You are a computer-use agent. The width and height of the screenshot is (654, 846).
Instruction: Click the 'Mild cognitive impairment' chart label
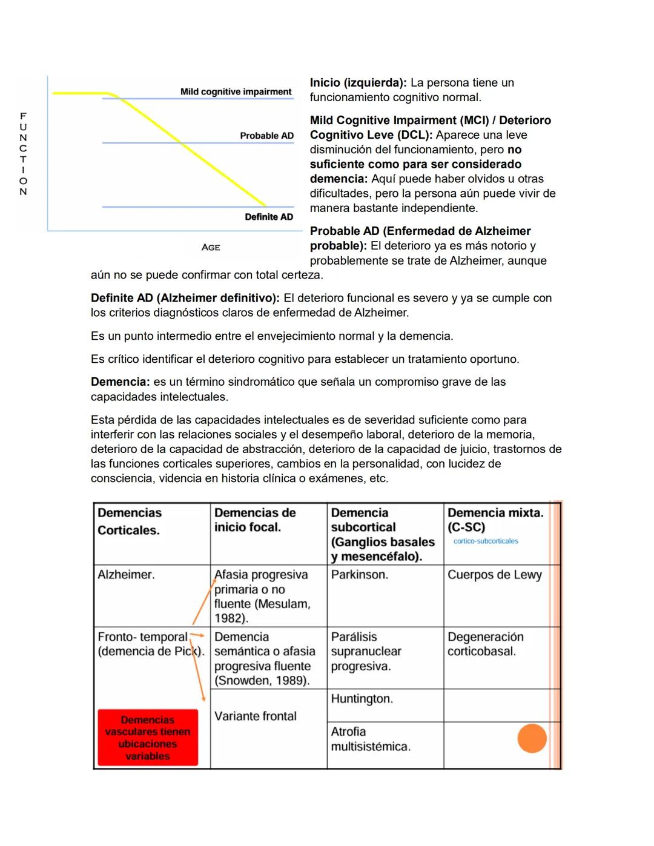(x=236, y=91)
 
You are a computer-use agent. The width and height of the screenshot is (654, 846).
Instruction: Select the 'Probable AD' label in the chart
(x=266, y=136)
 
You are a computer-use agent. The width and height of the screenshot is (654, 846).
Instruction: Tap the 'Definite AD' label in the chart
(x=268, y=217)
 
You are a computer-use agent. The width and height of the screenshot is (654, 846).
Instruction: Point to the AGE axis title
(x=211, y=247)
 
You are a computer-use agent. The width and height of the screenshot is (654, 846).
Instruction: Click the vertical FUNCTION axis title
(x=23, y=153)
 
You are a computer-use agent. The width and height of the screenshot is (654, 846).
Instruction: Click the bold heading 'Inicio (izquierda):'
(x=358, y=82)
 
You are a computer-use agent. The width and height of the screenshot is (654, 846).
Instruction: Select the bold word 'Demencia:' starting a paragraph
(x=120, y=382)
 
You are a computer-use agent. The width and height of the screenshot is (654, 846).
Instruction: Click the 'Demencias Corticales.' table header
(x=130, y=521)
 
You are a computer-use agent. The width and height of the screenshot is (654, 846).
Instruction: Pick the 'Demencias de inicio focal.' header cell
(x=255, y=520)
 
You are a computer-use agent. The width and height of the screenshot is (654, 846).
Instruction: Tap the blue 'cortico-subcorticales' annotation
(x=486, y=541)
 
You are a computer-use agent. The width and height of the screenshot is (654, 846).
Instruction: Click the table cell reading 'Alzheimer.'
(x=126, y=574)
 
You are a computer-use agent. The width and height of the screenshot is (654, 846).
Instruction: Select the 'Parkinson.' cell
(x=359, y=574)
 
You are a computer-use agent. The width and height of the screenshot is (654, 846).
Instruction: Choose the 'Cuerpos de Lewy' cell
(x=494, y=574)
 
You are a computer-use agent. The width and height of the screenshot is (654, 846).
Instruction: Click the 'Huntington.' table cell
(x=362, y=698)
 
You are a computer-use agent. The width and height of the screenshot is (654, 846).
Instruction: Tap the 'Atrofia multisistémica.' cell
(x=370, y=739)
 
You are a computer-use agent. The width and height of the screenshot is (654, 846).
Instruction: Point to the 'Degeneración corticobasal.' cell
(x=485, y=644)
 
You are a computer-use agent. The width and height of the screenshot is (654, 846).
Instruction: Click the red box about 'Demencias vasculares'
(x=148, y=738)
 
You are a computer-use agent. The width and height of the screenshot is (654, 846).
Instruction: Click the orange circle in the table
(x=532, y=738)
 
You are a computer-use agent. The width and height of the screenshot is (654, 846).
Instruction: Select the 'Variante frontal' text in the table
(x=255, y=716)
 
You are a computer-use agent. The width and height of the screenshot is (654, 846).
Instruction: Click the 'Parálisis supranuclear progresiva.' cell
(x=366, y=651)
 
